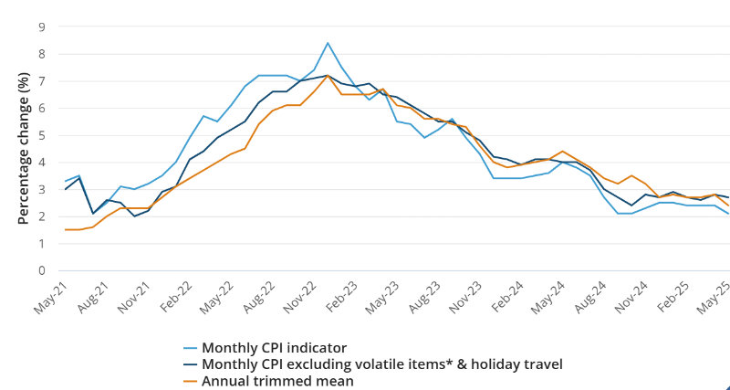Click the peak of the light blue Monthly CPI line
(327, 43)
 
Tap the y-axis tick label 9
(41, 26)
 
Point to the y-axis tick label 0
(41, 270)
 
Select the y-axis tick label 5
(41, 135)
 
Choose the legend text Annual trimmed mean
(277, 380)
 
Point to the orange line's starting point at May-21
(66, 230)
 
